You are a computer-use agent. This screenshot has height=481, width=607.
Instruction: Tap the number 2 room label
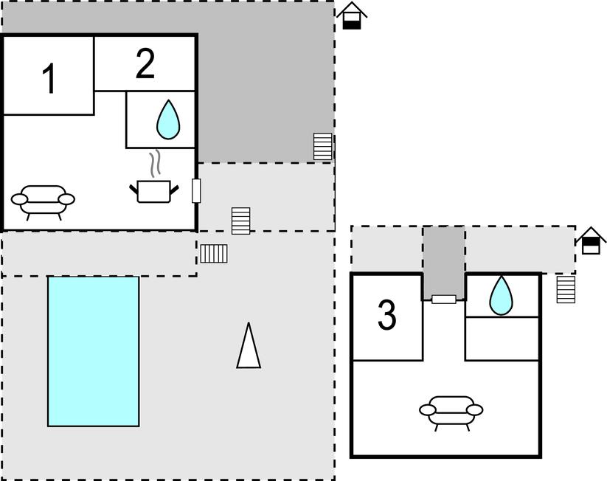click(x=145, y=64)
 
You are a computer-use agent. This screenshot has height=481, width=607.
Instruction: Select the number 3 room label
click(x=387, y=316)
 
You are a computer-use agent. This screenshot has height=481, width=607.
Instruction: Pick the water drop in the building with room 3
click(x=502, y=295)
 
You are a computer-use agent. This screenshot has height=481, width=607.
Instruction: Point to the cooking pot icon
click(x=153, y=191)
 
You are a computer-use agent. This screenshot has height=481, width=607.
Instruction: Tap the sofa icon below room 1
click(x=44, y=201)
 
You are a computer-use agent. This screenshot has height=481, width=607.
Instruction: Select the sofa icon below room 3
click(x=451, y=412)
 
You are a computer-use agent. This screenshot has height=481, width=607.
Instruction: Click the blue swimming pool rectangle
click(x=94, y=351)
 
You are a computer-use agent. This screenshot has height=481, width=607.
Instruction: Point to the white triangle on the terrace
click(x=249, y=346)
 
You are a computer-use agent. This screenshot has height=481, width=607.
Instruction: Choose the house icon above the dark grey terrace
click(x=353, y=15)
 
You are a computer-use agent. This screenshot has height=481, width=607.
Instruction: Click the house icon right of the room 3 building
click(x=591, y=240)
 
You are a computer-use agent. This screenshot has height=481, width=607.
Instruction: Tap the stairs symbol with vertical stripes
click(x=214, y=253)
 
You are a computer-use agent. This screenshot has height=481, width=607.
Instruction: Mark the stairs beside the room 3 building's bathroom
click(x=566, y=288)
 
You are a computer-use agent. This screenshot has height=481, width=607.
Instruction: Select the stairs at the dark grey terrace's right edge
click(x=322, y=147)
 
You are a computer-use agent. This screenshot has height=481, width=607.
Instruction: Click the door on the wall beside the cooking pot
click(x=196, y=190)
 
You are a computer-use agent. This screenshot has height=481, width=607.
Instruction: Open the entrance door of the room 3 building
click(x=444, y=299)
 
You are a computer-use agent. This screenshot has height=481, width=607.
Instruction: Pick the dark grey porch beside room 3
click(x=444, y=260)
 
